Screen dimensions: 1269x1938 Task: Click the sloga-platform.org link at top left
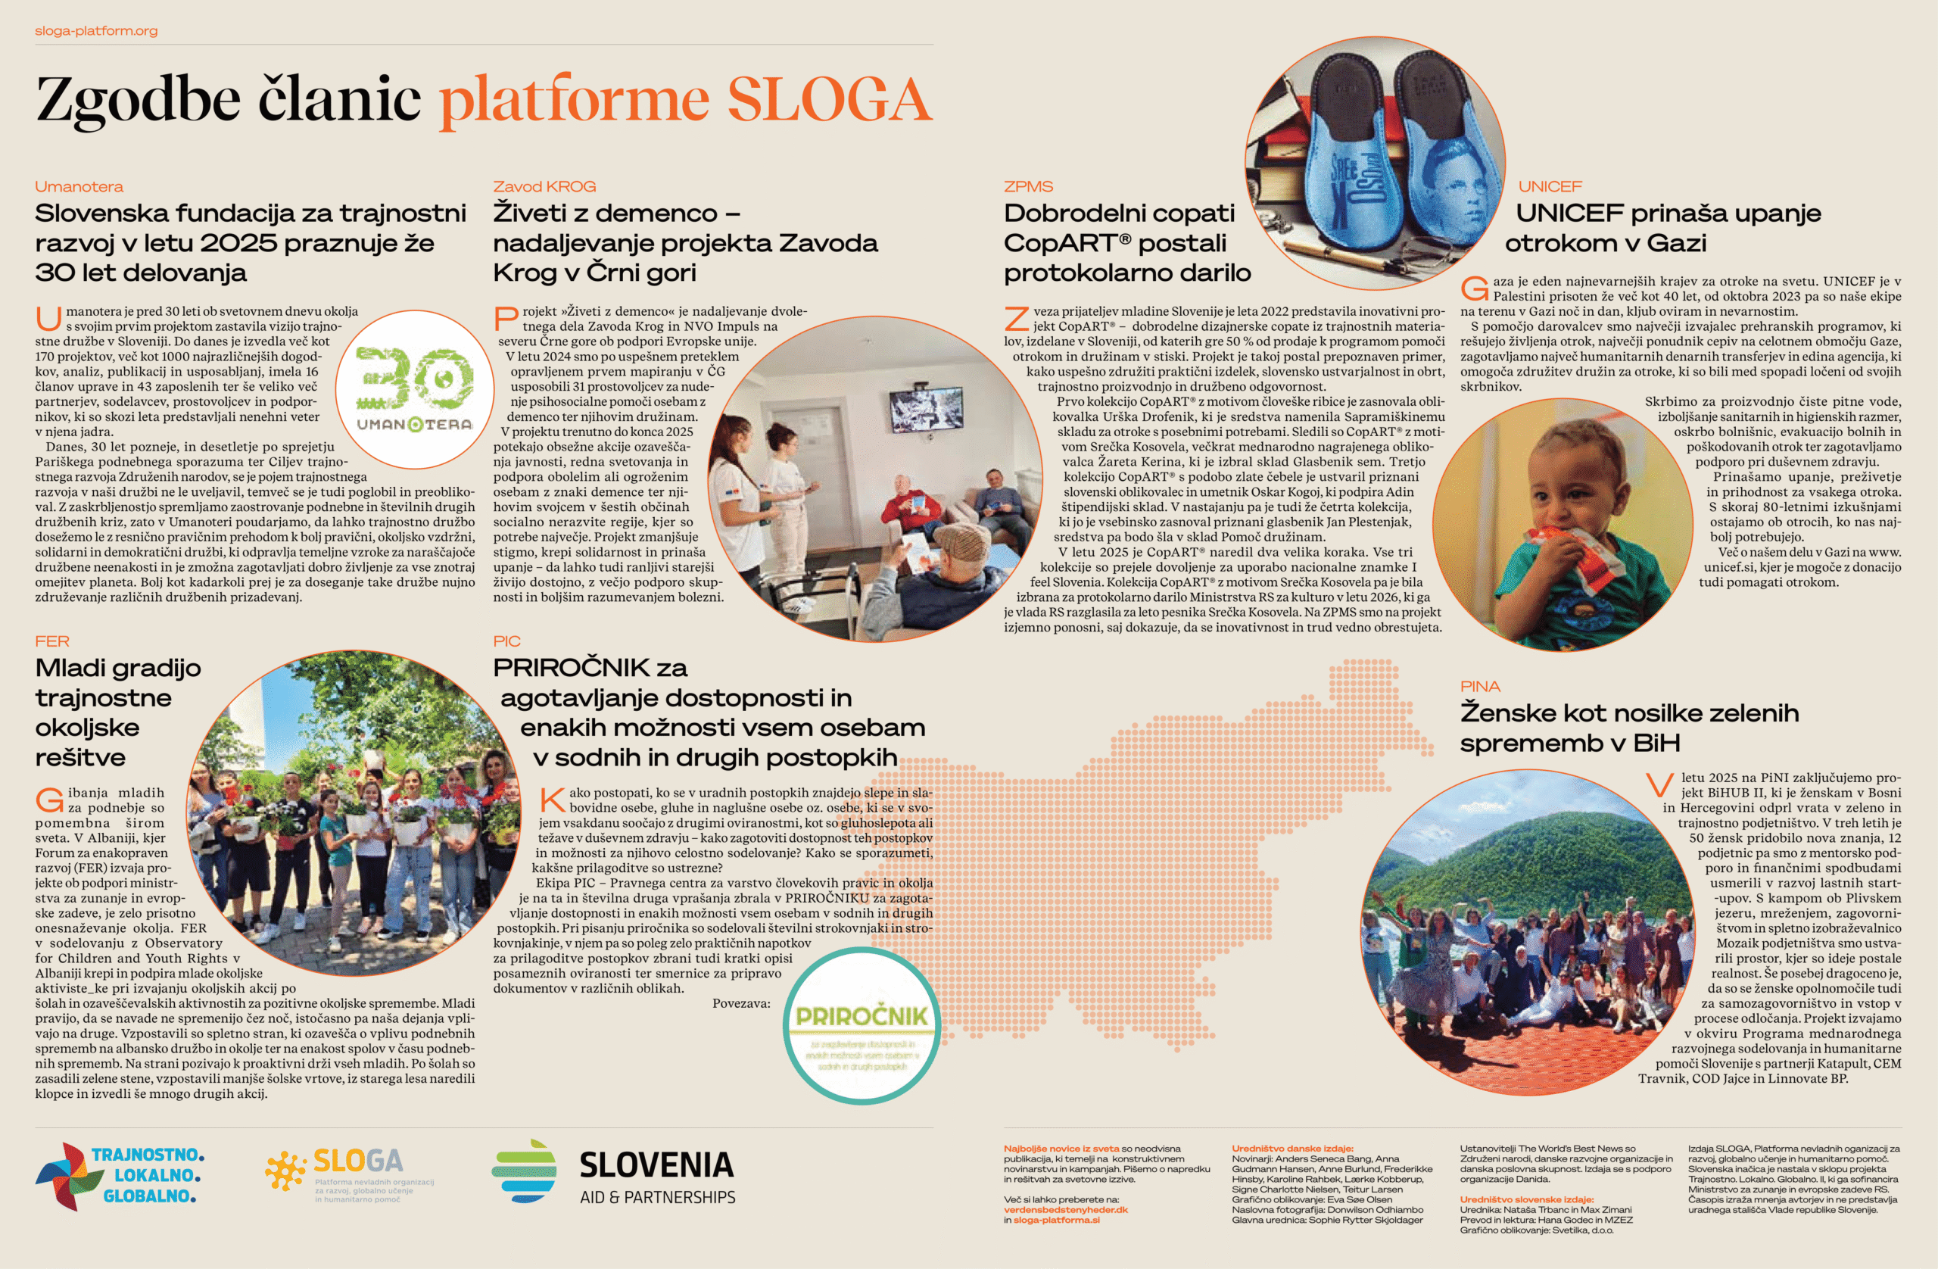pyautogui.click(x=96, y=31)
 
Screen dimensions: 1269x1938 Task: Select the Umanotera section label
pyautogui.click(x=79, y=186)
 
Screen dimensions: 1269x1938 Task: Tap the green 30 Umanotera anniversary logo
pyautogui.click(x=414, y=388)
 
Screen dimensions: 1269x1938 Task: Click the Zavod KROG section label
pyautogui.click(x=544, y=186)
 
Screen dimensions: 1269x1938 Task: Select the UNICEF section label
pyautogui.click(x=1550, y=186)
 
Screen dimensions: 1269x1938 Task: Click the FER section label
pyautogui.click(x=52, y=641)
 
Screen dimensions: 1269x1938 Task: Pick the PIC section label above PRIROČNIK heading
pyautogui.click(x=506, y=641)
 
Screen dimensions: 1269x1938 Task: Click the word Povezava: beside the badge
pyautogui.click(x=741, y=1003)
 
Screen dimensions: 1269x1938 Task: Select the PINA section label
pyautogui.click(x=1479, y=687)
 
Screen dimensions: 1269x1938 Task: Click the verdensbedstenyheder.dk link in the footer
pyautogui.click(x=1065, y=1209)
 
